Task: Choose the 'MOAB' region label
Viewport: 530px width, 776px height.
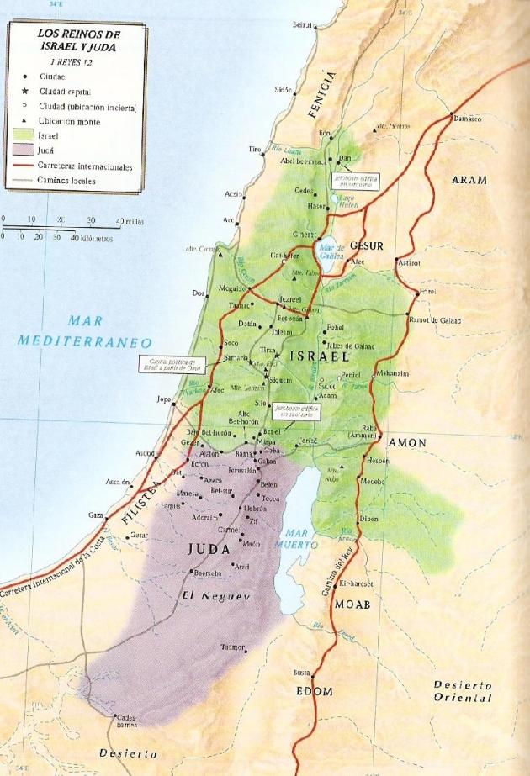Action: pyautogui.click(x=352, y=604)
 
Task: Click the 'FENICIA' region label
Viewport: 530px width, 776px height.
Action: pyautogui.click(x=330, y=86)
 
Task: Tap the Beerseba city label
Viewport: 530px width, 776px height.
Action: pyautogui.click(x=208, y=573)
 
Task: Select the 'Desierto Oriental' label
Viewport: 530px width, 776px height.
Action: pyautogui.click(x=462, y=691)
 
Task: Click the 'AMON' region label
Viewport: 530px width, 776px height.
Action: pyautogui.click(x=406, y=441)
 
